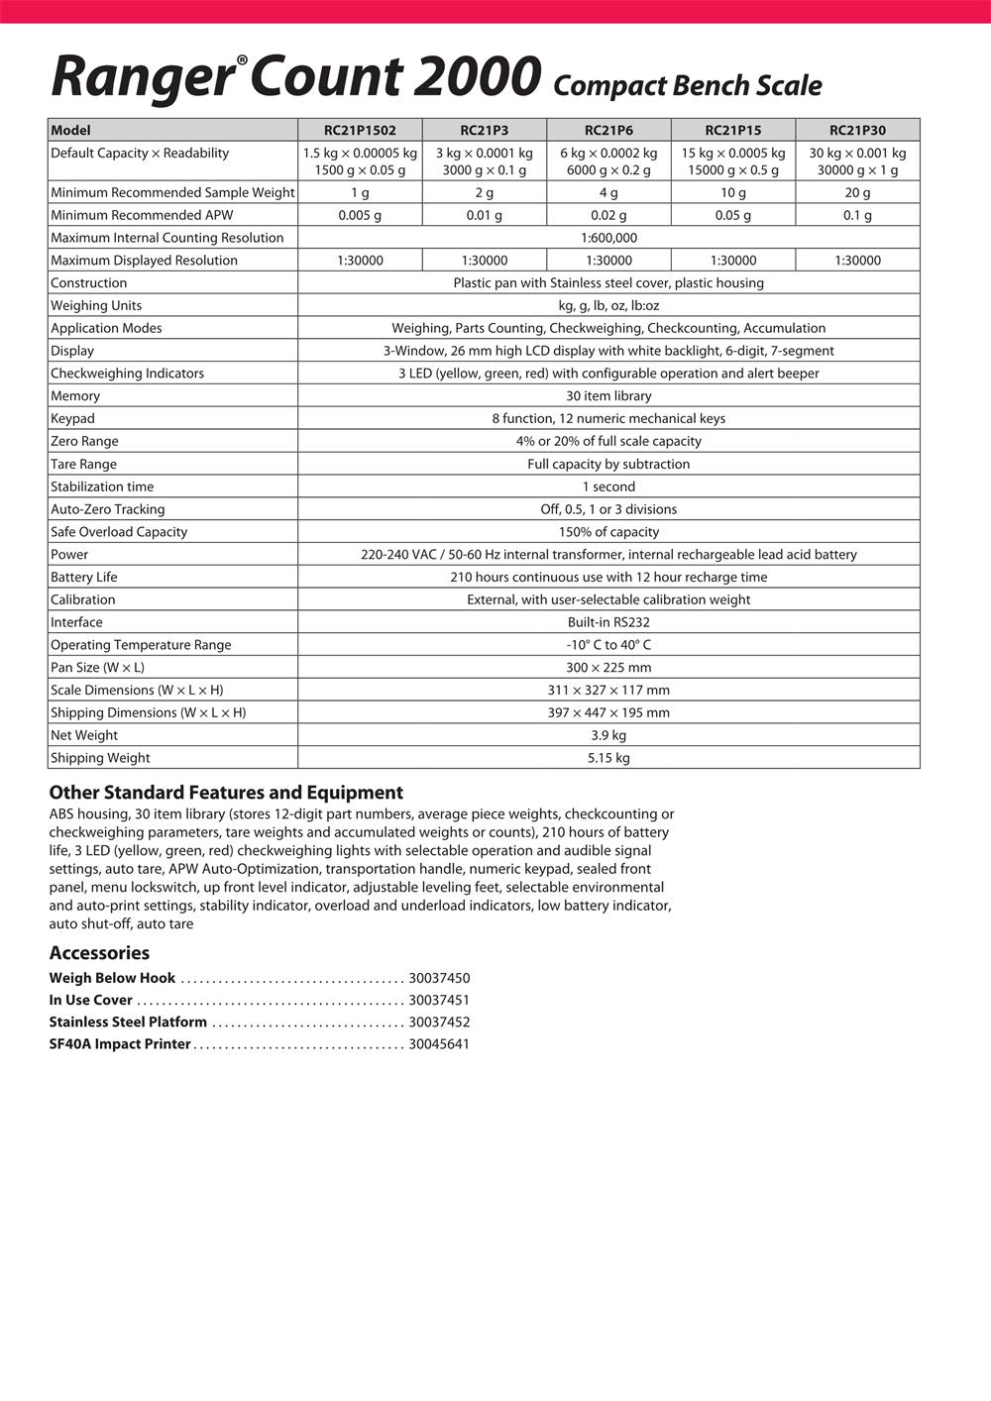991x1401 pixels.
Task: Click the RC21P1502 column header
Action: coord(360,130)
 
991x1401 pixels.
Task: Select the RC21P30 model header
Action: coord(857,130)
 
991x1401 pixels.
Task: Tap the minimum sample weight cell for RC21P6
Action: coord(608,193)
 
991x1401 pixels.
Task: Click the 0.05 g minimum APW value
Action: coord(733,215)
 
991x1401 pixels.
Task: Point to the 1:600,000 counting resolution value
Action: coord(608,238)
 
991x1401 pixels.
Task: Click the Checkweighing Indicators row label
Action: coord(127,374)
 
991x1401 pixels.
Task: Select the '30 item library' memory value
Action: coord(608,396)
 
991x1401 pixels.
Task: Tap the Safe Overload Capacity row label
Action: coord(119,532)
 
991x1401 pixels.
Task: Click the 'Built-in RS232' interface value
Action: coord(608,622)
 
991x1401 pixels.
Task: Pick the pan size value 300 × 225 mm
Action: coord(608,668)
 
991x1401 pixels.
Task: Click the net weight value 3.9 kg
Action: coord(608,735)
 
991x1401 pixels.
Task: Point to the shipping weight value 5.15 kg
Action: coord(608,758)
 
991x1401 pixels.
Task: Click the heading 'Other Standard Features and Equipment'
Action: coord(226,793)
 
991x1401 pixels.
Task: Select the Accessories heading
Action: coord(99,953)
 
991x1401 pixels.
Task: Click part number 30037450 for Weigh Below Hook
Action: coord(439,978)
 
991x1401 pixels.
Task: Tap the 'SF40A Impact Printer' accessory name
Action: coord(120,1044)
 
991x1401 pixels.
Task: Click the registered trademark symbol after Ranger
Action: coord(241,61)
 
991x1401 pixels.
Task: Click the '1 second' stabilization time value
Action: coord(608,486)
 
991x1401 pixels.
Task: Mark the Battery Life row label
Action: coord(84,578)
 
